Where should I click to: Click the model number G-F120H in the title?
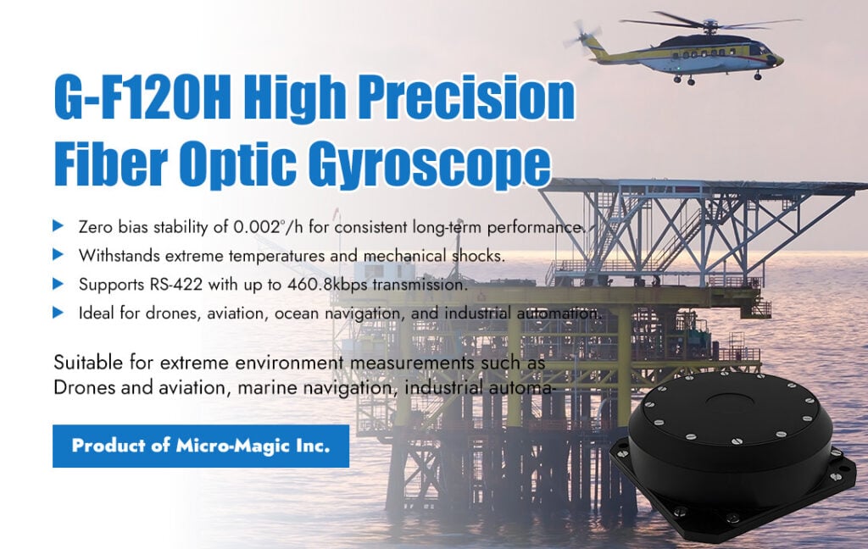click(142, 96)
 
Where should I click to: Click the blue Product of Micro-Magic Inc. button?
click(201, 446)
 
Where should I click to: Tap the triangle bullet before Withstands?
click(58, 254)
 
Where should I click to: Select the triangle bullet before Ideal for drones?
click(58, 313)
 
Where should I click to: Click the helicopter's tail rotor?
click(582, 34)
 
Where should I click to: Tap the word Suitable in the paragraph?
click(88, 363)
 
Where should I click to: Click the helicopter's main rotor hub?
click(709, 24)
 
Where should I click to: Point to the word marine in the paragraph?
click(262, 388)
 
